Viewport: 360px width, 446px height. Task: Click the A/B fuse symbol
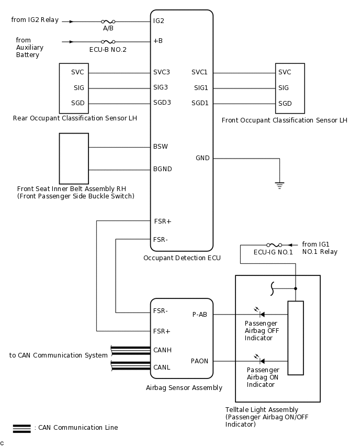pos(109,22)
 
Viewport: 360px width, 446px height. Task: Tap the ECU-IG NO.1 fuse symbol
pos(274,244)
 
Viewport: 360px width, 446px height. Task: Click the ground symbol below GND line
pos(280,184)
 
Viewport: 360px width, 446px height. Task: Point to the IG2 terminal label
pos(159,21)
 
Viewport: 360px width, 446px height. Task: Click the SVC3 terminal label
pos(162,72)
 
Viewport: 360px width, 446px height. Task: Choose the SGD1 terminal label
pos(200,103)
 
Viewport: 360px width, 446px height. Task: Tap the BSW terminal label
pos(161,147)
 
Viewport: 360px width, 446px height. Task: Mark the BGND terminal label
pos(162,169)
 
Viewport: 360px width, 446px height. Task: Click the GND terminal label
pos(203,158)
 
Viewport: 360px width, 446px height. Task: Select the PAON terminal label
pos(200,361)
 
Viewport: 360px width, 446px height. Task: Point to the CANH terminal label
pos(162,350)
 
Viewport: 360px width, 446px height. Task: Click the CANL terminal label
pos(162,367)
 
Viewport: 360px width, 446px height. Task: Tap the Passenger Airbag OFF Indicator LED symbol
pos(260,314)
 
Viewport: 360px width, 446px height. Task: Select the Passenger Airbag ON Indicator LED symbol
pos(260,361)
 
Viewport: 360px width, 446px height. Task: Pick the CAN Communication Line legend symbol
pos(21,428)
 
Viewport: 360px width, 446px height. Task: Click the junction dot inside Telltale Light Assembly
pos(296,288)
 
